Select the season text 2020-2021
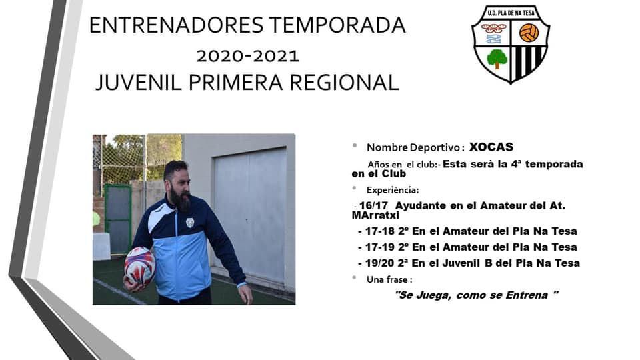coord(248,56)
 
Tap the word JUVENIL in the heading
coord(139,83)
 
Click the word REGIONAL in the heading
coord(344,83)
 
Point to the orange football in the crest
coord(529,33)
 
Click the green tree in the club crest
coord(497,59)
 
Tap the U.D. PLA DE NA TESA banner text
coord(511,13)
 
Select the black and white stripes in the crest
coord(527,62)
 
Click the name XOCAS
coord(491,147)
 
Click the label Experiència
coord(392,190)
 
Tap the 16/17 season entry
coord(459,210)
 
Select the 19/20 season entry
coord(469,263)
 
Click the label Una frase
coord(389,279)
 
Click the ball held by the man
coord(139,266)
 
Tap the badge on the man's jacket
coord(190,223)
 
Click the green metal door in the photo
coord(118,219)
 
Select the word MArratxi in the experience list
coord(375,215)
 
